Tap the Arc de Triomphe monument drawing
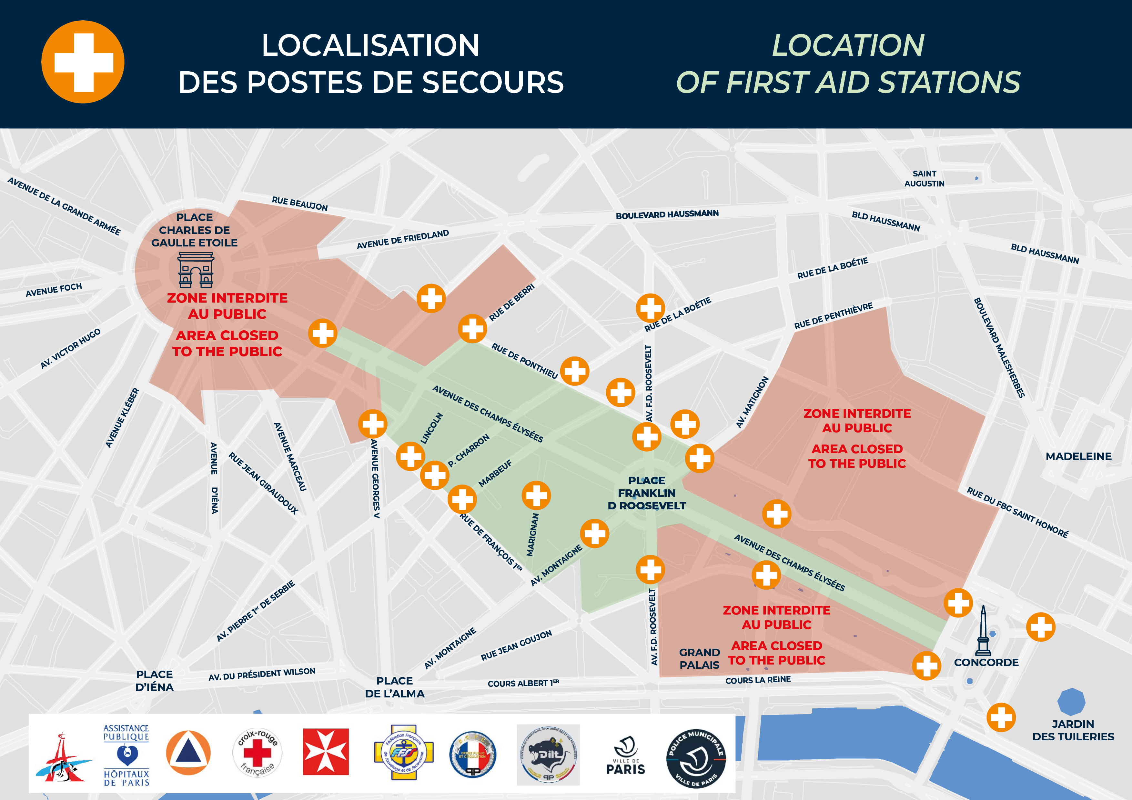click(196, 270)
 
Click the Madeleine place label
click(1078, 456)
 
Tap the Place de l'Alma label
click(394, 687)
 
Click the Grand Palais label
click(699, 658)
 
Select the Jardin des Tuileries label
click(1073, 730)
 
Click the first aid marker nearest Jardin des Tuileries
click(1001, 717)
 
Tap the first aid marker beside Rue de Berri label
click(472, 328)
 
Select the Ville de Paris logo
click(625, 755)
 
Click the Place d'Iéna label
click(154, 681)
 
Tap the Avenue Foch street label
click(54, 289)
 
